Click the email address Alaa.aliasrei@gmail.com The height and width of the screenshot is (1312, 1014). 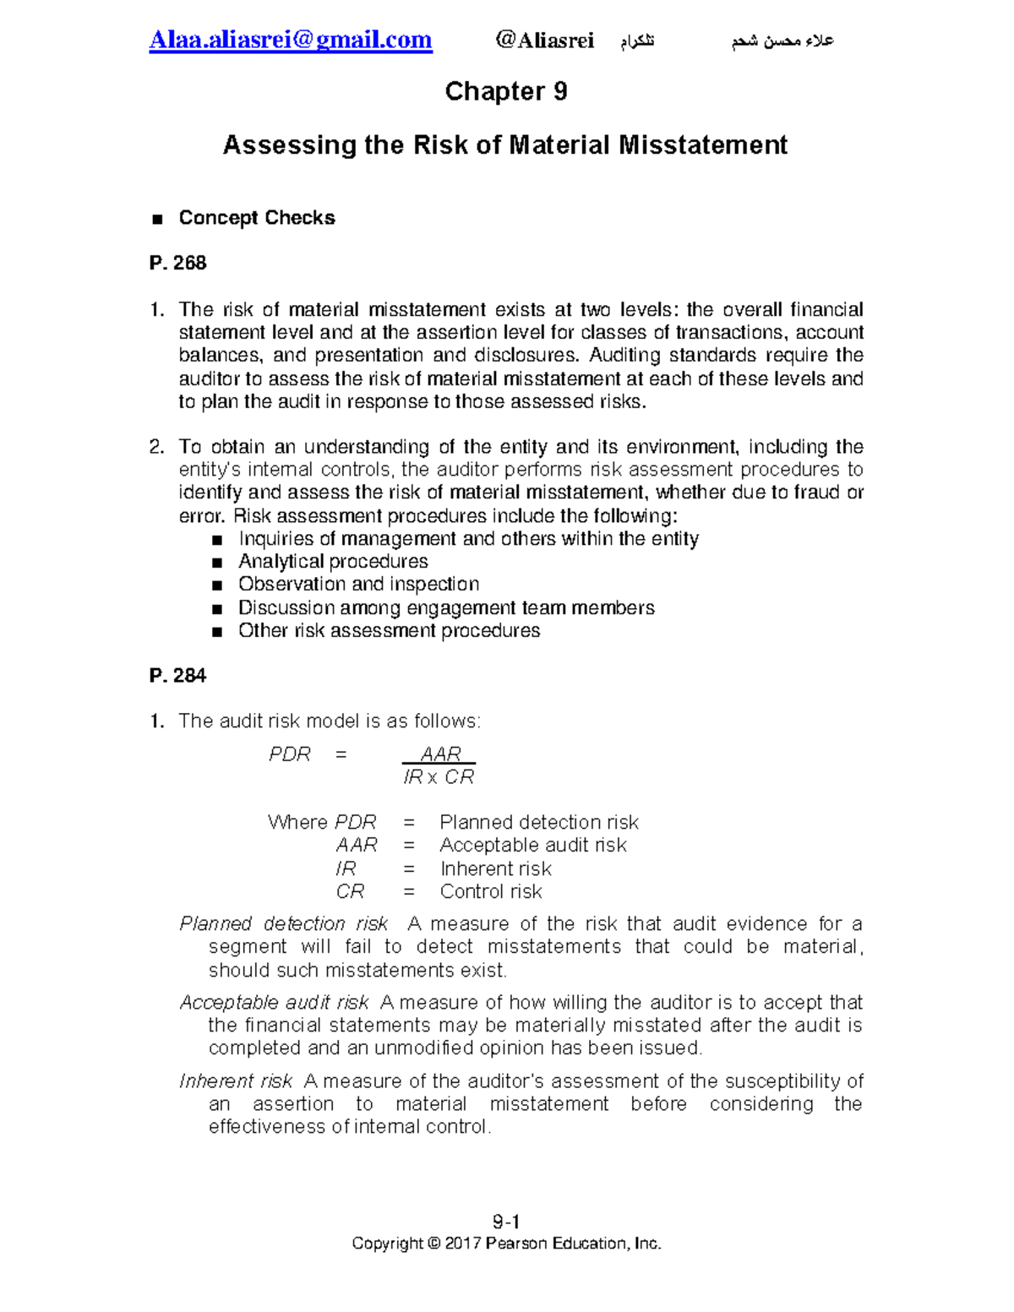point(291,40)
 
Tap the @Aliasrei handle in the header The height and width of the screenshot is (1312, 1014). point(545,40)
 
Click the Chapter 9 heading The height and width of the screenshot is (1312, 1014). point(505,91)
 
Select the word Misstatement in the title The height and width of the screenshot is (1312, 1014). point(703,145)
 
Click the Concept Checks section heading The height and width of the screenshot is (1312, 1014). point(256,218)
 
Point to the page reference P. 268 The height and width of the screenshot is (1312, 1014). point(177,264)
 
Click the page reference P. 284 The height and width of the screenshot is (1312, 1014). point(177,676)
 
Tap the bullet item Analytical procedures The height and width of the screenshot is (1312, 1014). point(333,562)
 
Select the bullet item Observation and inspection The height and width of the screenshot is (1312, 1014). point(358,585)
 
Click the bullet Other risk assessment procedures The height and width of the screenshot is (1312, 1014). point(389,631)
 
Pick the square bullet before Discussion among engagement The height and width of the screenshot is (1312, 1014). point(218,609)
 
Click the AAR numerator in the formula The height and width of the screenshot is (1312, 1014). point(440,754)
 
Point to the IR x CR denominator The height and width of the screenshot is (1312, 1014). point(439,777)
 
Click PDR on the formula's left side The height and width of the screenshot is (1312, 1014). point(290,754)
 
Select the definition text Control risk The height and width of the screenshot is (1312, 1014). point(491,892)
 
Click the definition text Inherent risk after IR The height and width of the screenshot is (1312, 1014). point(495,869)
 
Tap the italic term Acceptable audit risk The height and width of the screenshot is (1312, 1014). point(275,1003)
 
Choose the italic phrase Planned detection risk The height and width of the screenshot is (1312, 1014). point(284,924)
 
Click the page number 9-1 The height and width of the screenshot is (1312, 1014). point(506,1222)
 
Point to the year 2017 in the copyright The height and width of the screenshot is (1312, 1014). point(463,1244)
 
